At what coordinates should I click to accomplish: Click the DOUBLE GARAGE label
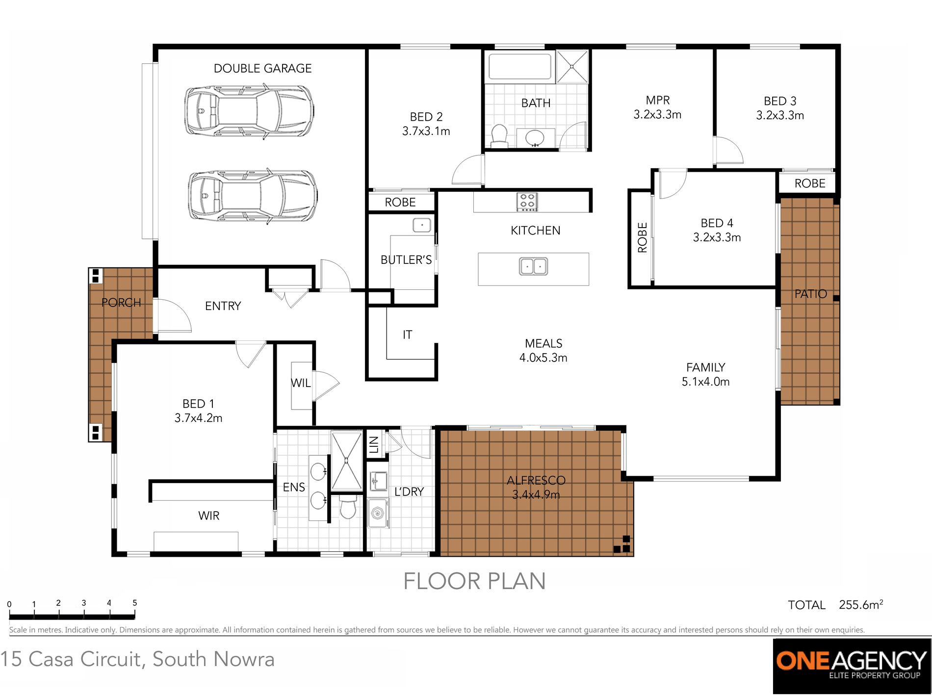(x=262, y=68)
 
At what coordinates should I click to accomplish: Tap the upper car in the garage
(x=249, y=112)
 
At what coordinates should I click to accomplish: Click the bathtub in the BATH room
(x=520, y=67)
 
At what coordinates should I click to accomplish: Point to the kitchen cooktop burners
(x=527, y=202)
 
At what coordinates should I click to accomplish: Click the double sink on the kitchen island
(x=533, y=266)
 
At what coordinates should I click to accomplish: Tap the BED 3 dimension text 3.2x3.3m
(x=780, y=116)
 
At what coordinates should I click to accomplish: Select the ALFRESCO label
(x=536, y=480)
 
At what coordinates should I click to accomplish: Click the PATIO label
(x=810, y=294)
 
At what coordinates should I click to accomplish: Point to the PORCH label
(x=121, y=303)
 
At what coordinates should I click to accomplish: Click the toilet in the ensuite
(x=348, y=507)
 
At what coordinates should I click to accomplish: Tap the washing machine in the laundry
(x=378, y=513)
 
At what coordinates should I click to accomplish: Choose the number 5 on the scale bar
(x=134, y=603)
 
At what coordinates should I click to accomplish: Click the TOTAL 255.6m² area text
(x=835, y=605)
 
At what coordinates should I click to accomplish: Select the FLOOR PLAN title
(x=474, y=581)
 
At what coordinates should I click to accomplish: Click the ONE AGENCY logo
(x=852, y=666)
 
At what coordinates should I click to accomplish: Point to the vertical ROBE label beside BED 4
(x=642, y=237)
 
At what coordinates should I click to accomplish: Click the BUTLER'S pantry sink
(x=422, y=225)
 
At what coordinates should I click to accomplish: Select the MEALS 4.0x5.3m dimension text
(x=544, y=358)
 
